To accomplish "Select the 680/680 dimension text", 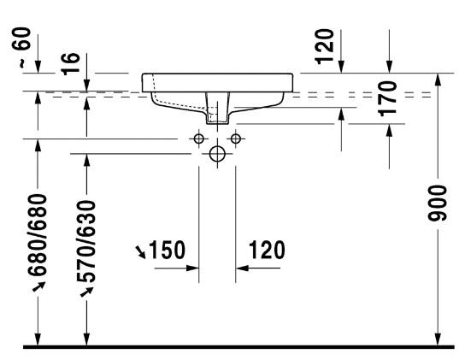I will click(38, 236).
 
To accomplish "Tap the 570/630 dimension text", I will click(85, 241).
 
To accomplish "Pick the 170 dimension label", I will click(389, 98).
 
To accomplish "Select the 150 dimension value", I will click(167, 251).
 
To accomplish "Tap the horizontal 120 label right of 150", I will click(267, 251).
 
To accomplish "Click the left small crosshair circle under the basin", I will click(198, 139).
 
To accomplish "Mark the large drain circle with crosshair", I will click(217, 154).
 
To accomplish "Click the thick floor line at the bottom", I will click(239, 348).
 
